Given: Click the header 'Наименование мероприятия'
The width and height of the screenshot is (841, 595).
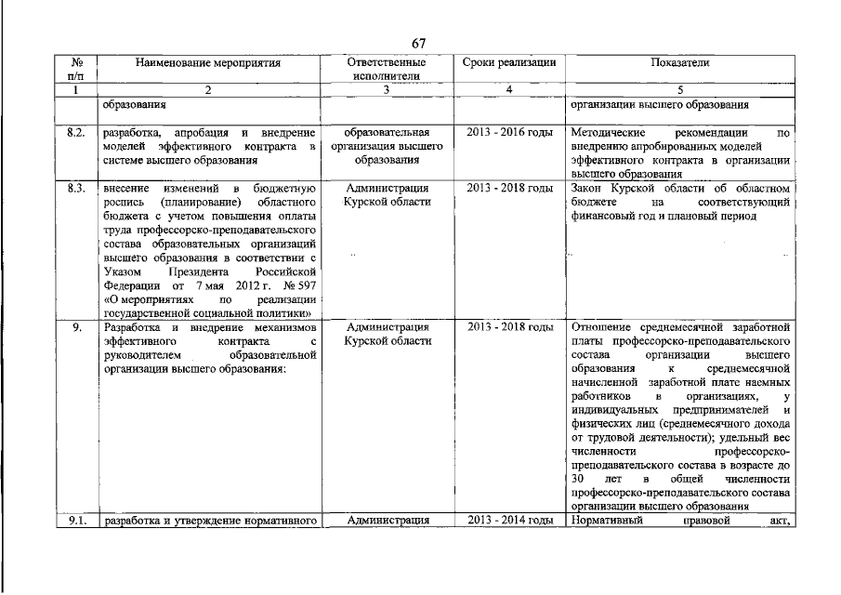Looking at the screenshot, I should click(x=208, y=62).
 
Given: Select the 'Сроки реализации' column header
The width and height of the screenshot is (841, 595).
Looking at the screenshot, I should click(x=509, y=62).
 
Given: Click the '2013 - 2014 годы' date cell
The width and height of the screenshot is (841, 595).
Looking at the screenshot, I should click(x=509, y=521).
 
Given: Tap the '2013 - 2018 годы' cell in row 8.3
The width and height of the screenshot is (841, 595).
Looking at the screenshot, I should click(x=509, y=188).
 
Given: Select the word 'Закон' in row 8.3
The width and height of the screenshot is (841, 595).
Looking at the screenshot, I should click(x=589, y=188).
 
